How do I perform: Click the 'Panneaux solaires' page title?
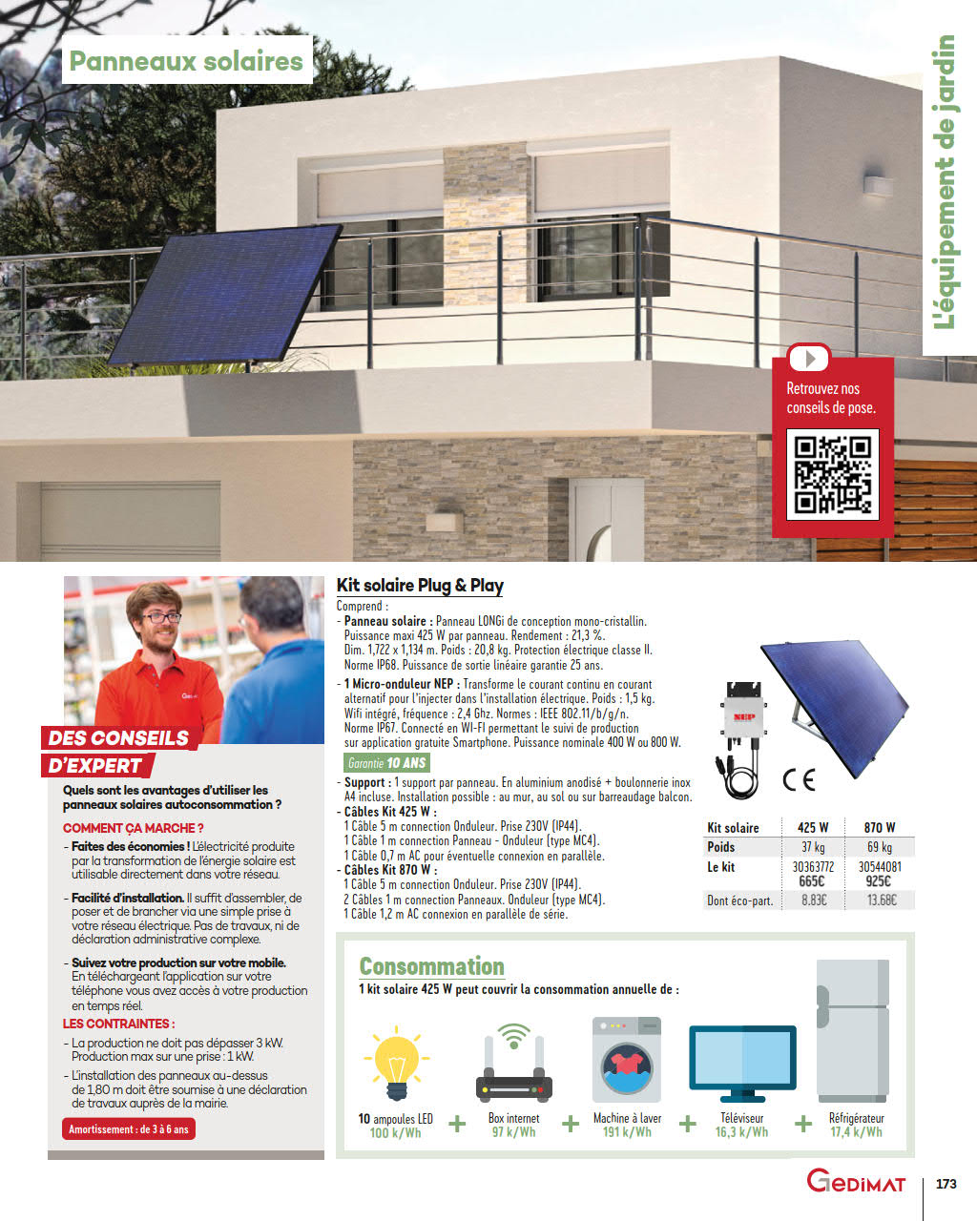point(186,61)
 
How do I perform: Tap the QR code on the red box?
point(832,474)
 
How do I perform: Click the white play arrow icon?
point(809,359)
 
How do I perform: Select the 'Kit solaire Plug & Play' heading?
point(420,586)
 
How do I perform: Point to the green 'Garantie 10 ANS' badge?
point(387,763)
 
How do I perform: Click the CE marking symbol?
point(799,779)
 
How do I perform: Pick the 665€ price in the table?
point(812,881)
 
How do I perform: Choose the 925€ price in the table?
point(879,881)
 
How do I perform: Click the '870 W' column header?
point(879,827)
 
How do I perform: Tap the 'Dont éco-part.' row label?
point(739,900)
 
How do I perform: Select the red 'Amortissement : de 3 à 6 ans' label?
point(129,1129)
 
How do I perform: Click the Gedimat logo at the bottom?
point(856,1183)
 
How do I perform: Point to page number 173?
point(946,1184)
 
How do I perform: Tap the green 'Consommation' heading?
point(431,966)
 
